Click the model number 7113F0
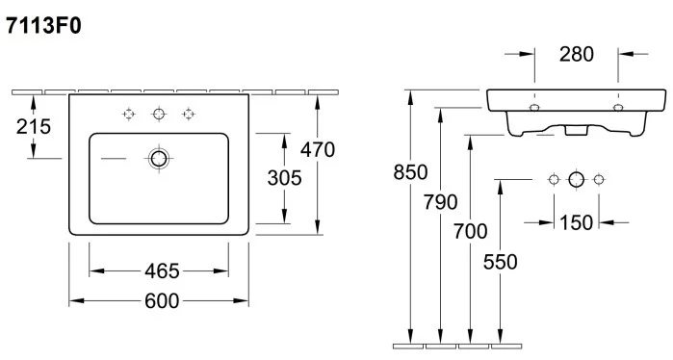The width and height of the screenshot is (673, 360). click(x=43, y=26)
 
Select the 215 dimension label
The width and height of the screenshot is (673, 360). click(x=34, y=127)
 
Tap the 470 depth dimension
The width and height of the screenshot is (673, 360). click(x=317, y=150)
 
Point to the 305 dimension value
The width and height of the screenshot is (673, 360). click(x=284, y=178)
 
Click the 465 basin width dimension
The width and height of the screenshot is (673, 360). click(x=162, y=271)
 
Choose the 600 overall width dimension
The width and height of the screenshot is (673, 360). click(x=162, y=301)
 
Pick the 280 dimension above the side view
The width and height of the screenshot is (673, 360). click(x=577, y=54)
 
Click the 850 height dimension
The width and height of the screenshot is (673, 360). click(x=410, y=172)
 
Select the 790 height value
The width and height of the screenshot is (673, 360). click(x=440, y=202)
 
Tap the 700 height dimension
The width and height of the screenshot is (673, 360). click(x=471, y=232)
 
